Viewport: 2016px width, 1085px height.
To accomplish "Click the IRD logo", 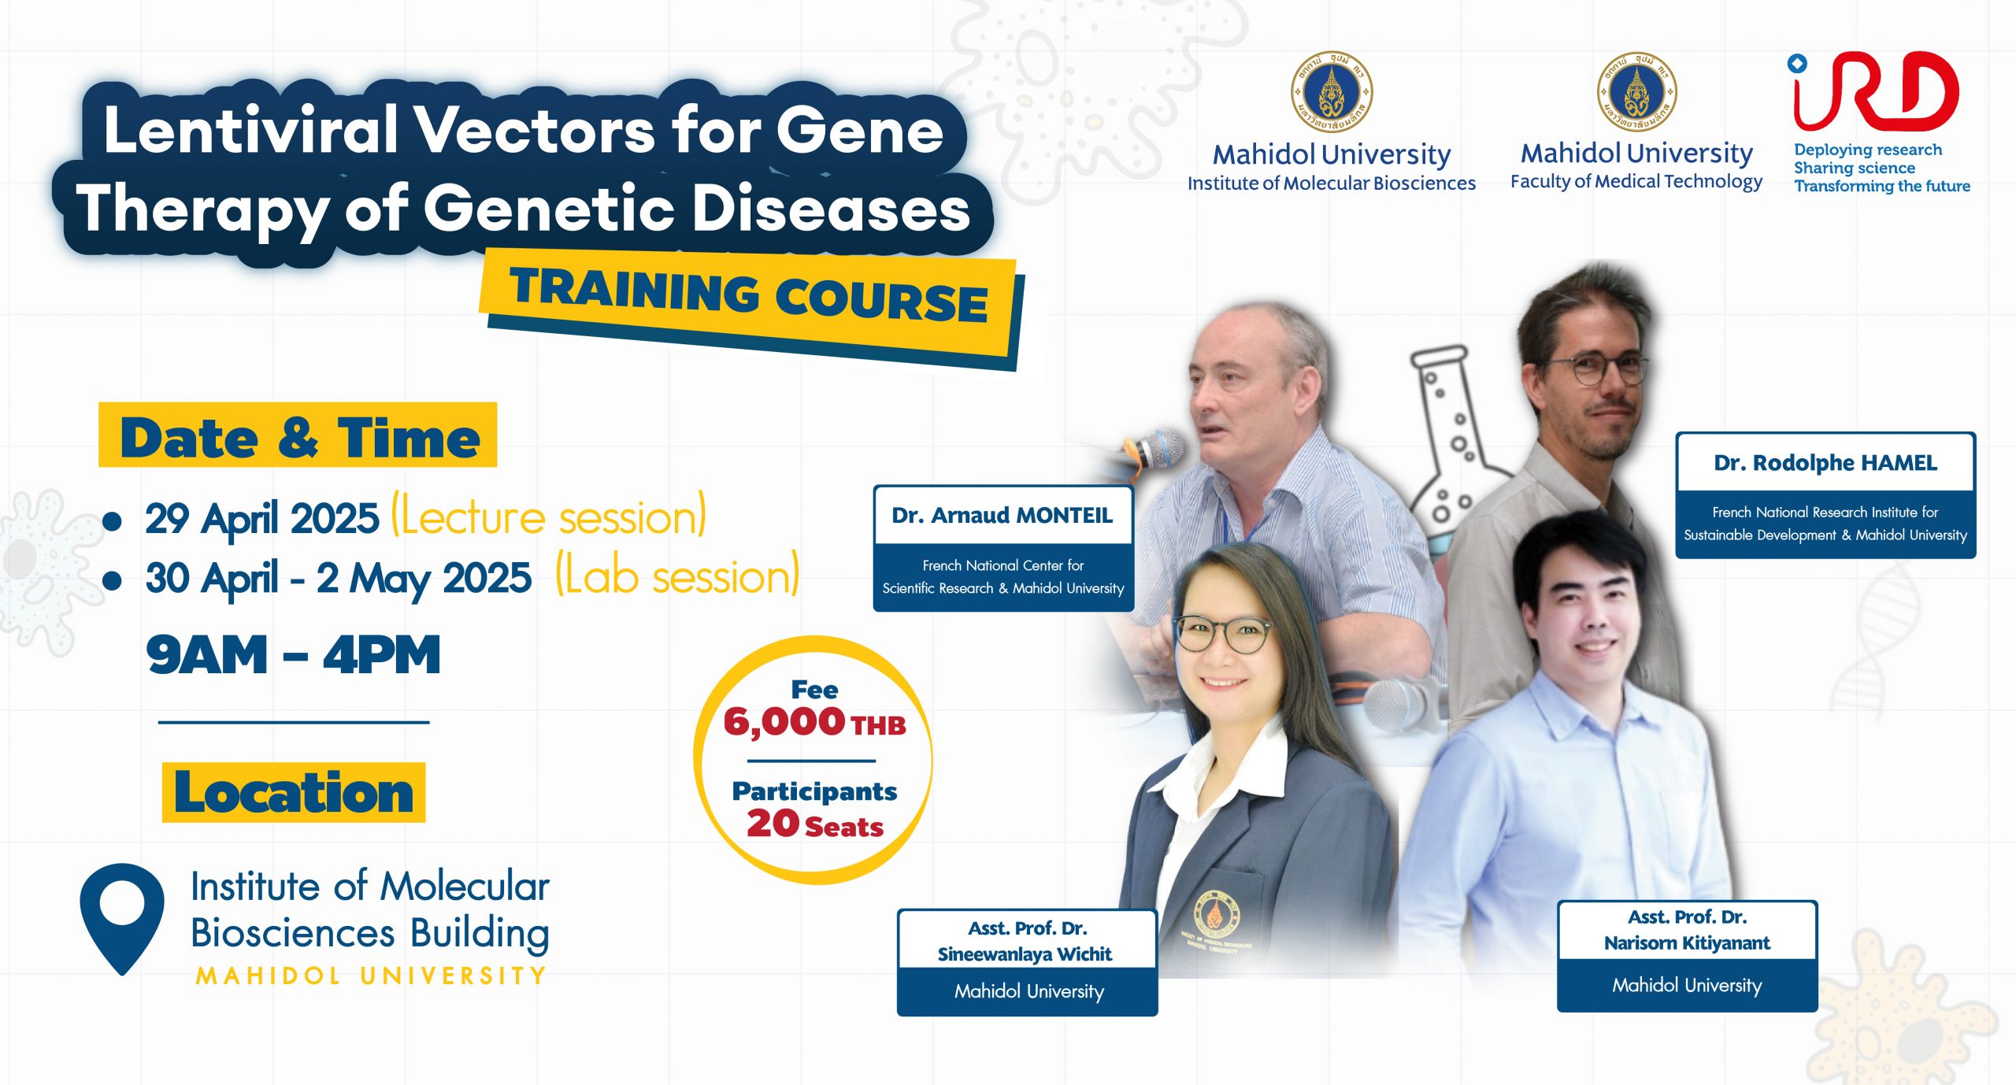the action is pyautogui.click(x=1874, y=91).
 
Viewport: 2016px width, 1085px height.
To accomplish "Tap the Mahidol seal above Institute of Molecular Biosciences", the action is pyautogui.click(x=1332, y=91).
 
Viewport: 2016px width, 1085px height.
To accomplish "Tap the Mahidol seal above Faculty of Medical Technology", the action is pyautogui.click(x=1636, y=91).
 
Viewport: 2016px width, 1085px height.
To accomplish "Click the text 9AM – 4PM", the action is pyautogui.click(x=293, y=655).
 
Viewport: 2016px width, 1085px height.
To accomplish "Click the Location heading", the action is pyautogui.click(x=294, y=792).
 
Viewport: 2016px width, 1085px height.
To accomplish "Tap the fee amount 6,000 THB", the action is pyautogui.click(x=814, y=722).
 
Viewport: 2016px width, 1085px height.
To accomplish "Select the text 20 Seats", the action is pyautogui.click(x=815, y=824).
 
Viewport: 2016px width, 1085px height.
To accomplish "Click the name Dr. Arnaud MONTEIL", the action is pyautogui.click(x=1002, y=515).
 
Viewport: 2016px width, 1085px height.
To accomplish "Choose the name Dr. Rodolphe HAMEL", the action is pyautogui.click(x=1825, y=463).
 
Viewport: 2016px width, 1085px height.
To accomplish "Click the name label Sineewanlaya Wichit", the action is pyautogui.click(x=1025, y=954).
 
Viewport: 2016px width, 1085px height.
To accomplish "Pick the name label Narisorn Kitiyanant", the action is pyautogui.click(x=1687, y=943).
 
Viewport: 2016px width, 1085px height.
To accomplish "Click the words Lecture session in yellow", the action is pyautogui.click(x=549, y=517).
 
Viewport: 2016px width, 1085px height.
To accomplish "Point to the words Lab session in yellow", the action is pyautogui.click(x=678, y=576).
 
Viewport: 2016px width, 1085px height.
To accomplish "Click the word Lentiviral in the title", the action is pyautogui.click(x=250, y=130).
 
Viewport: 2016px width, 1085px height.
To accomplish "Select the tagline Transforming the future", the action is pyautogui.click(x=1882, y=187).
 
